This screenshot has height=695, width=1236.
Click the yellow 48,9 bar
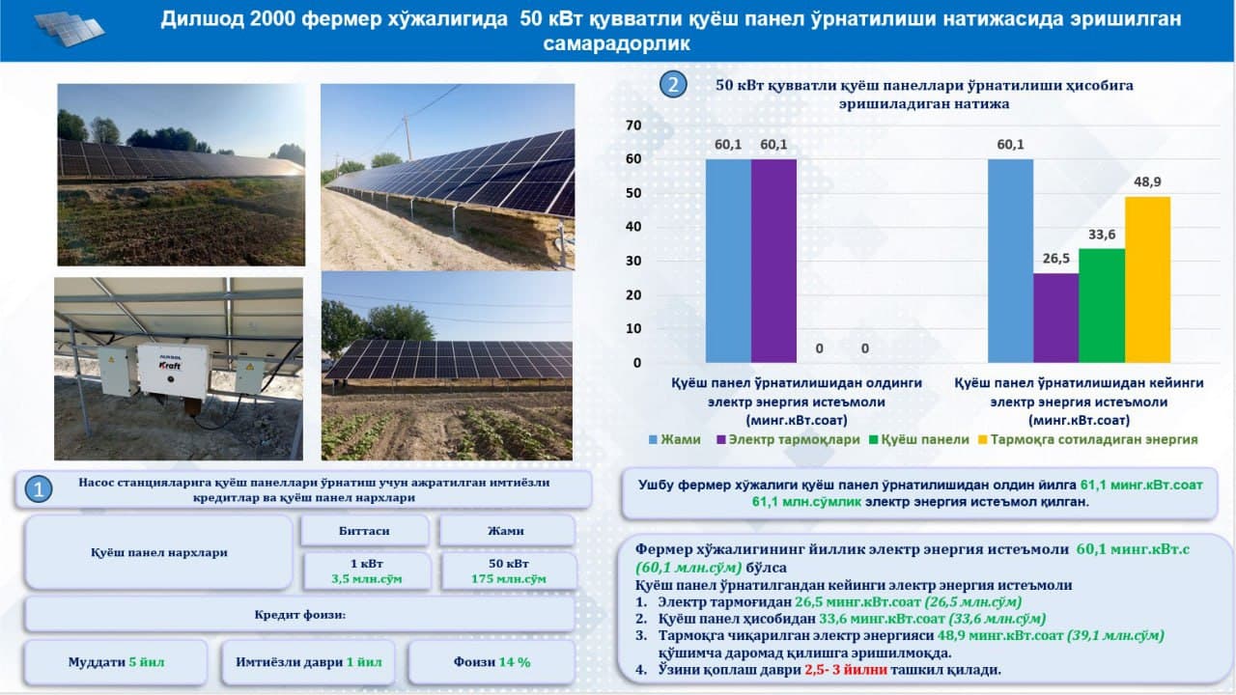[1147, 280]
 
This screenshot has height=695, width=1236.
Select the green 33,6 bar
[1102, 306]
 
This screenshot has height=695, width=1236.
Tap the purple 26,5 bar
[1055, 318]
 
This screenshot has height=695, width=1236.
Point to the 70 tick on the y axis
[633, 125]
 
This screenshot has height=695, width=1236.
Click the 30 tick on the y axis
[633, 261]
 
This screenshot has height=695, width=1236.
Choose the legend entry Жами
[675, 439]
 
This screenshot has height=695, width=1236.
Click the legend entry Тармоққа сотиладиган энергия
[1088, 439]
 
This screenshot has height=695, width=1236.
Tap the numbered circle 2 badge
[673, 85]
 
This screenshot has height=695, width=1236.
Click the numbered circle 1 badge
[38, 489]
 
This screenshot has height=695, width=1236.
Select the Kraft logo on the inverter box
[170, 365]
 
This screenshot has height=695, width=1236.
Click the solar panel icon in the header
[69, 29]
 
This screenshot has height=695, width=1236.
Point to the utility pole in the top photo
[407, 138]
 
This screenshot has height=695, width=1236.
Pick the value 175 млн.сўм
[508, 579]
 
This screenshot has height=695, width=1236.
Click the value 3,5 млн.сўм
[366, 579]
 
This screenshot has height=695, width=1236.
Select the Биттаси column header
[364, 531]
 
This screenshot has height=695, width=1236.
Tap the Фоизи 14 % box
[492, 662]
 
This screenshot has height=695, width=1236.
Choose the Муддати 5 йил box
[116, 662]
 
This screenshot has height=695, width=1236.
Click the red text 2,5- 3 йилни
[846, 670]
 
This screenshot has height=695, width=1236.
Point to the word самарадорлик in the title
[616, 44]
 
